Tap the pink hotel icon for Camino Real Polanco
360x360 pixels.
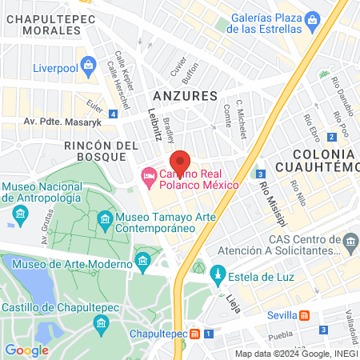coord(149,175)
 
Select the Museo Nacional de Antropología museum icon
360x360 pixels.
coord(20,214)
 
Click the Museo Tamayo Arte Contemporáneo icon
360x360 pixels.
coord(105,218)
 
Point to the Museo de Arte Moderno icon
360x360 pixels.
coord(143,262)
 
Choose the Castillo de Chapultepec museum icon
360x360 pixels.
coord(101,322)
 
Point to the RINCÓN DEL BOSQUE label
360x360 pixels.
coord(102,152)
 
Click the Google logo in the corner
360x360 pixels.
coord(26,350)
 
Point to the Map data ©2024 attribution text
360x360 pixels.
coord(295,354)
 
